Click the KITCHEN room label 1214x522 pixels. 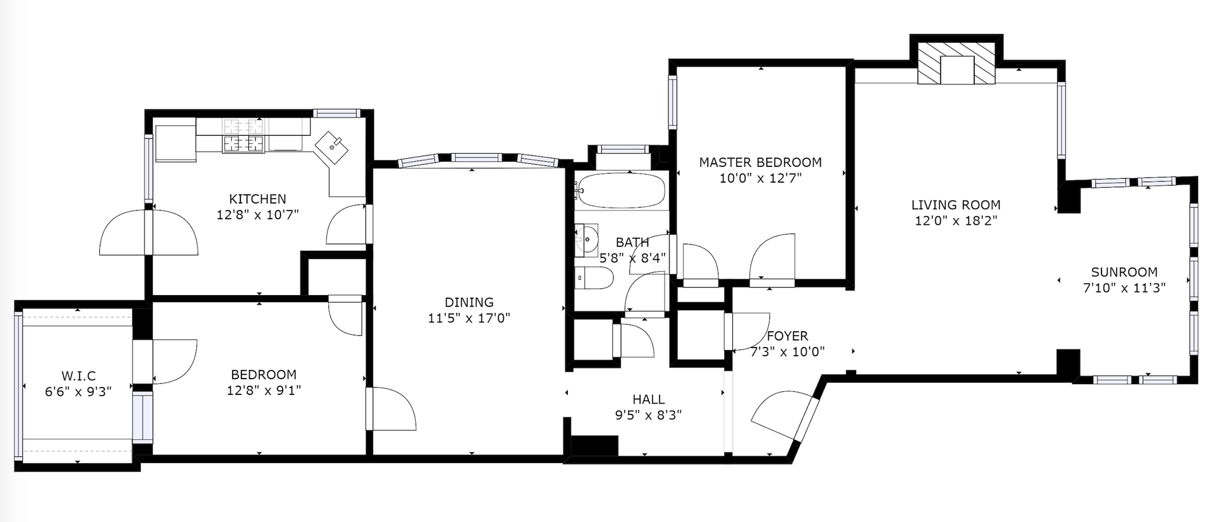coord(257,199)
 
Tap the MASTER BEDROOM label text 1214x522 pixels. coord(760,162)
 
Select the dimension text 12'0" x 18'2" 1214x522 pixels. coord(955,221)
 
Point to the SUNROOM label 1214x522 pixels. coord(1124,272)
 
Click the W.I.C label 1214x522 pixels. coord(78,376)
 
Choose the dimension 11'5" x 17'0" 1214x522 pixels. coord(469,319)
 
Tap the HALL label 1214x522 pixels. coord(649,399)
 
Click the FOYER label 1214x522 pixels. coord(787,336)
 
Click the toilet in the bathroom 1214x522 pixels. coord(594,277)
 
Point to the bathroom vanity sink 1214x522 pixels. coord(587,238)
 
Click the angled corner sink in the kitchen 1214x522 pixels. coord(333,147)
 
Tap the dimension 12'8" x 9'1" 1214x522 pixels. coord(264,391)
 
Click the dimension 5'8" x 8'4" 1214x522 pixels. coord(632,258)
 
